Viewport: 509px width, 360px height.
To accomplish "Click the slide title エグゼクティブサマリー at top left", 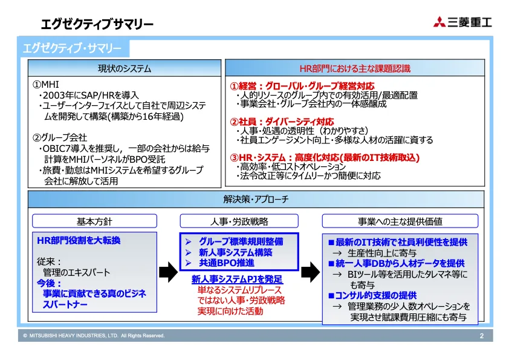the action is click(97, 25).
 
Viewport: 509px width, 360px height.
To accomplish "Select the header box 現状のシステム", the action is click(125, 69).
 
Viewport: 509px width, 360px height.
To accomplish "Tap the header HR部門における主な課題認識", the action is click(355, 69).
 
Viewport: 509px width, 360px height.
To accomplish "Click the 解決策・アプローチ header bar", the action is click(256, 199).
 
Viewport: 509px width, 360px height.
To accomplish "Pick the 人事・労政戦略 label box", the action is click(239, 221).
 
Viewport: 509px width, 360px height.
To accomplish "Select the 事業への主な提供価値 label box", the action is click(400, 221).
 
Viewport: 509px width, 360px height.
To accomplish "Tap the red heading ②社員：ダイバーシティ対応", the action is click(282, 122).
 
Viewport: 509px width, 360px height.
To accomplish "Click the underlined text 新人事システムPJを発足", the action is click(237, 280).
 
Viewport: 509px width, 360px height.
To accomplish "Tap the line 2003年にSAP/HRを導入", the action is click(89, 96).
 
